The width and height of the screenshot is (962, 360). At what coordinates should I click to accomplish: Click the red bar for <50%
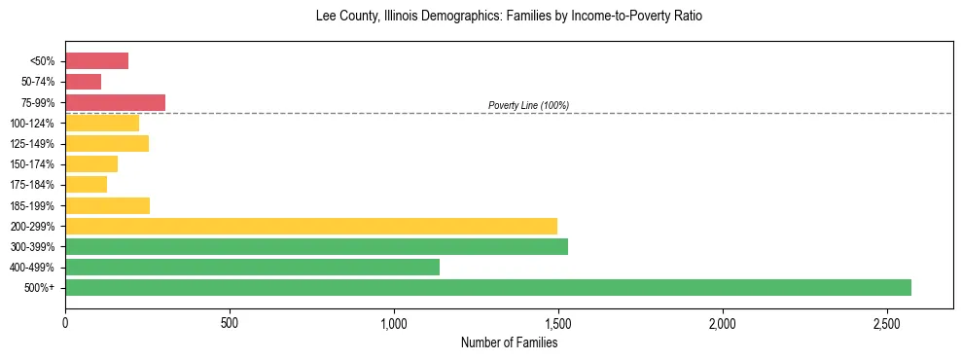point(96,61)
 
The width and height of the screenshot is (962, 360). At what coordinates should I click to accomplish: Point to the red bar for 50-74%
point(83,82)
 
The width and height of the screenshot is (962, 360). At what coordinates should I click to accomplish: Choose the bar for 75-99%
point(115,102)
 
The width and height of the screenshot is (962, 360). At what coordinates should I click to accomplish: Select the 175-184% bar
point(86,184)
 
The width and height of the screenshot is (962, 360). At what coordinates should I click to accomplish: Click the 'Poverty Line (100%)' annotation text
point(528,105)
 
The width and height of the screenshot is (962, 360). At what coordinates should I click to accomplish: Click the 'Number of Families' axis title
point(509,342)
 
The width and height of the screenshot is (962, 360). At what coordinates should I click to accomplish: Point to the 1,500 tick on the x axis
point(558,322)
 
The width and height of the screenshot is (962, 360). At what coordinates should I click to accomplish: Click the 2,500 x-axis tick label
point(887,322)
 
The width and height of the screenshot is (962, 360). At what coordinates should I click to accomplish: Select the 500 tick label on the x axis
point(230,322)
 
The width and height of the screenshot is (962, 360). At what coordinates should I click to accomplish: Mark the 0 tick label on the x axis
point(65,322)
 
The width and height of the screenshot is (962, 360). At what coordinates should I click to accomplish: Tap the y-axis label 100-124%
point(32,124)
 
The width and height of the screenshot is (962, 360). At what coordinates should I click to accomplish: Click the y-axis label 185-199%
point(32,205)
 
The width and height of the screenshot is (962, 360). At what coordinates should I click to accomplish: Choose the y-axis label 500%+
point(41,288)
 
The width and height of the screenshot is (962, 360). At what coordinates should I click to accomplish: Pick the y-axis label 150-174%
point(32,164)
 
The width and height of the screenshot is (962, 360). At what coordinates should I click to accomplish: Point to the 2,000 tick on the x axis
point(723,322)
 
